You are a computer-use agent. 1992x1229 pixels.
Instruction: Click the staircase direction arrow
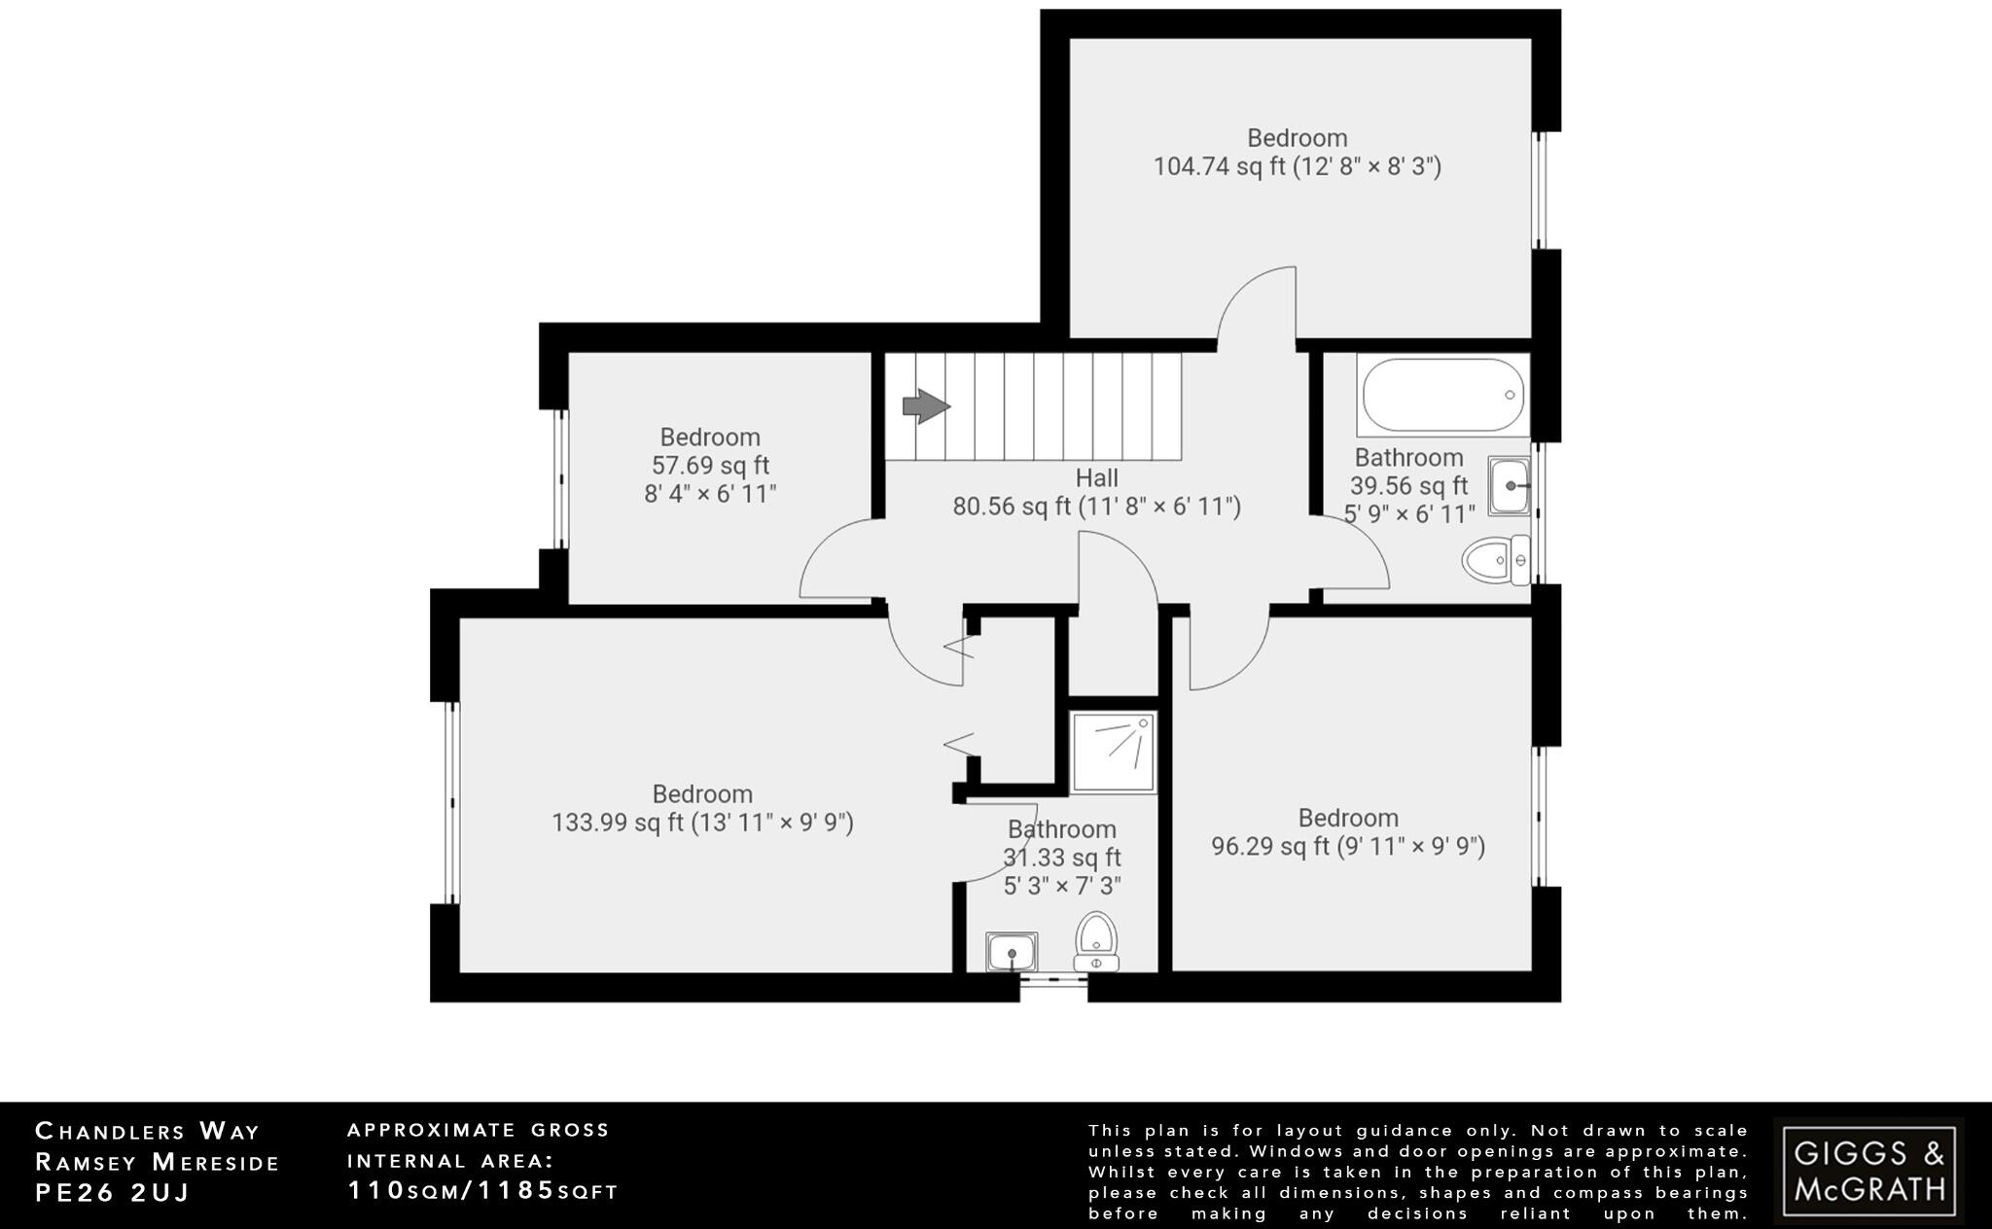click(925, 406)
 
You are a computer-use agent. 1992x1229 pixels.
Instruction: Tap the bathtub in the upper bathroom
click(1442, 395)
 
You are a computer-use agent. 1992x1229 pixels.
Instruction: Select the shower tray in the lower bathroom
click(1113, 753)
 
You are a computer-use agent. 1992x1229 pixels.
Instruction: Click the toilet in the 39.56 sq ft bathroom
click(1496, 560)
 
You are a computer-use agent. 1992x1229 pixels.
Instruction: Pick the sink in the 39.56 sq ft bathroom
click(1509, 485)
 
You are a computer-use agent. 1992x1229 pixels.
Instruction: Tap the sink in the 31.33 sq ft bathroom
click(1012, 952)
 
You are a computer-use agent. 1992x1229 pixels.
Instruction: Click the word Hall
click(1096, 478)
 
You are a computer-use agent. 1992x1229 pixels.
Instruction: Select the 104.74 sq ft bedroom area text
click(1297, 167)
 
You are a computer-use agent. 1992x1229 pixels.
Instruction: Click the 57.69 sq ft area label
click(710, 466)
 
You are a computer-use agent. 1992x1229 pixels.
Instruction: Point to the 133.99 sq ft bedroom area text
click(702, 824)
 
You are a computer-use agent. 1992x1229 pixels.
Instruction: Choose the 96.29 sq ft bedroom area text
click(1347, 847)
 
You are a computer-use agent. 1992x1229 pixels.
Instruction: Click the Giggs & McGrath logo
click(1868, 1170)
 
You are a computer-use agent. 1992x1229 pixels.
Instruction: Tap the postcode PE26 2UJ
click(112, 1193)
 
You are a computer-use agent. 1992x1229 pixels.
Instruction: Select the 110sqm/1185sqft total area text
click(482, 1190)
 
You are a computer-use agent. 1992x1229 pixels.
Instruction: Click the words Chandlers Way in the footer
click(148, 1131)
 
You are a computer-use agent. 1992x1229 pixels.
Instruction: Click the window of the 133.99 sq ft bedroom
click(450, 803)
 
